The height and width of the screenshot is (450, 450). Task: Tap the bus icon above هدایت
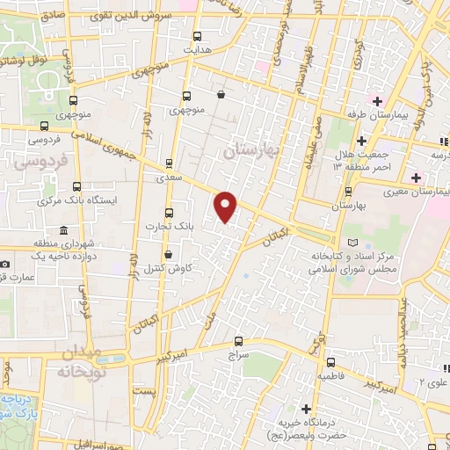pyautogui.click(x=197, y=36)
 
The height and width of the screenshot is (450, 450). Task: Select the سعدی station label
pyautogui.click(x=166, y=177)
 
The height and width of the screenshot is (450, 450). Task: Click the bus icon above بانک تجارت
pyautogui.click(x=169, y=213)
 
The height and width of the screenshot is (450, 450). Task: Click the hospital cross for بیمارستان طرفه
pyautogui.click(x=377, y=101)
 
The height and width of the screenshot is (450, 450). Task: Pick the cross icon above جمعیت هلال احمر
pyautogui.click(x=361, y=141)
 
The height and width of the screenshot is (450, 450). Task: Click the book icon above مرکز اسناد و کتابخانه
pyautogui.click(x=353, y=241)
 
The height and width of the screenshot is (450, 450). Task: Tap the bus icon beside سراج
pyautogui.click(x=238, y=341)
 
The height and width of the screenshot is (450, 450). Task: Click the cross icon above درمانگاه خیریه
pyautogui.click(x=305, y=409)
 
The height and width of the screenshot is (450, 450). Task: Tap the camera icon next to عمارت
pyautogui.click(x=6, y=264)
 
